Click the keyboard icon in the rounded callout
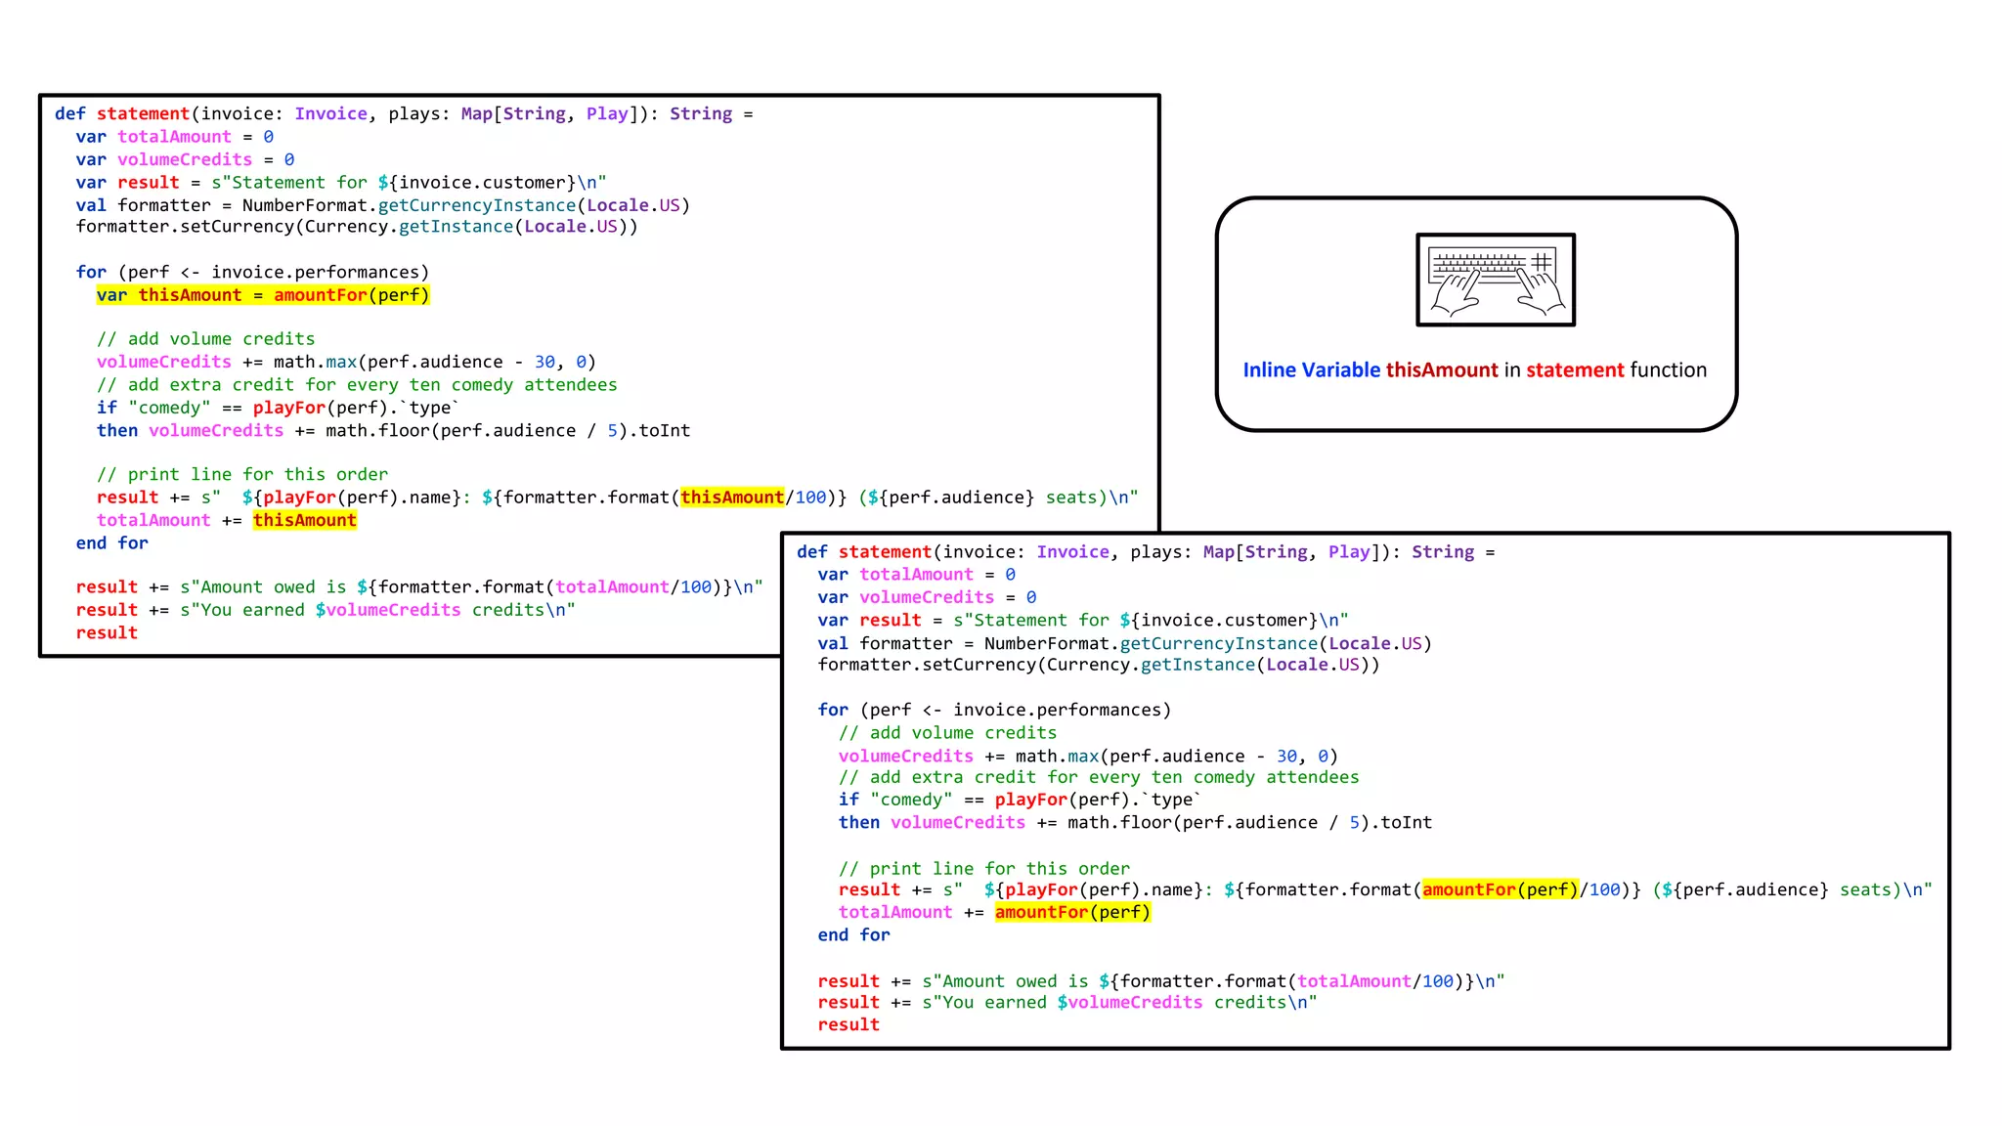[1496, 280]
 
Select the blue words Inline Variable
[1311, 370]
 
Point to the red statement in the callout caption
[1575, 370]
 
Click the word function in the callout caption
[1669, 370]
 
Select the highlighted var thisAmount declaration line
[263, 295]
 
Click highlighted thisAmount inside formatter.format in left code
[732, 498]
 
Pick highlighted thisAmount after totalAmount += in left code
[305, 521]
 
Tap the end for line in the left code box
[112, 543]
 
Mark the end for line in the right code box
[854, 935]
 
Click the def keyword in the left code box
[70, 114]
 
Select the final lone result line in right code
[849, 1025]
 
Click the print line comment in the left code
[242, 475]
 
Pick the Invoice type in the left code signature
[331, 114]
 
